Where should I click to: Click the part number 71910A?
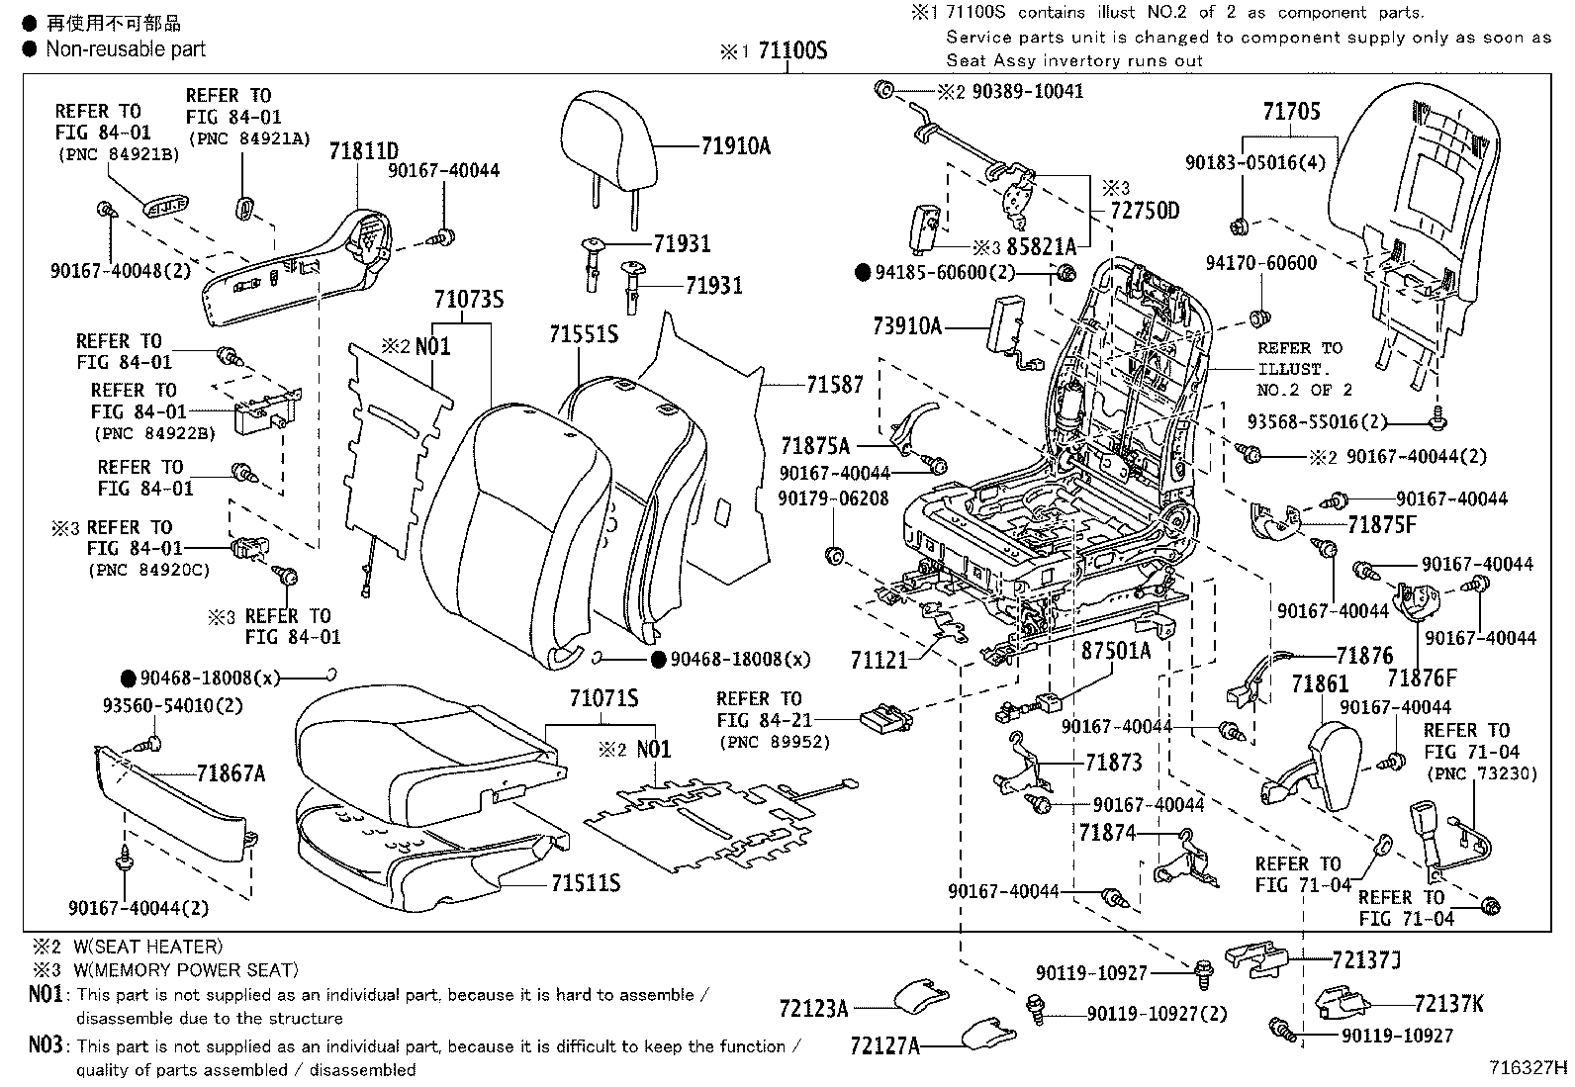[x=735, y=146]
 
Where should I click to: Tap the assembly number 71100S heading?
[x=791, y=52]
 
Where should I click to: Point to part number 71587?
[x=834, y=385]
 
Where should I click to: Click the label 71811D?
[x=363, y=151]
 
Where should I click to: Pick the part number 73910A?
[x=908, y=324]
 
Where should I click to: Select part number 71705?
[x=1291, y=112]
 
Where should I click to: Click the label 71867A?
[x=231, y=774]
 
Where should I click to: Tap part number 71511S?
[x=586, y=883]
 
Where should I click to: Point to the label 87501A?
[x=1116, y=650]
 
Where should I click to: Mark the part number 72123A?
[x=813, y=1009]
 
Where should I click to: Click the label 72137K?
[x=1448, y=1004]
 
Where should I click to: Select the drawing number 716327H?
[x=1529, y=1068]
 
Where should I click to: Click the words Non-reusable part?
[x=126, y=48]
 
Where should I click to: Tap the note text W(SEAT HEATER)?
[x=147, y=947]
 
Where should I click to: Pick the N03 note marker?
[x=46, y=1045]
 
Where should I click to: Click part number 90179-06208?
[x=833, y=498]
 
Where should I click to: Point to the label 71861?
[x=1320, y=683]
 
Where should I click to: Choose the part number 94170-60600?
[x=1261, y=263]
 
